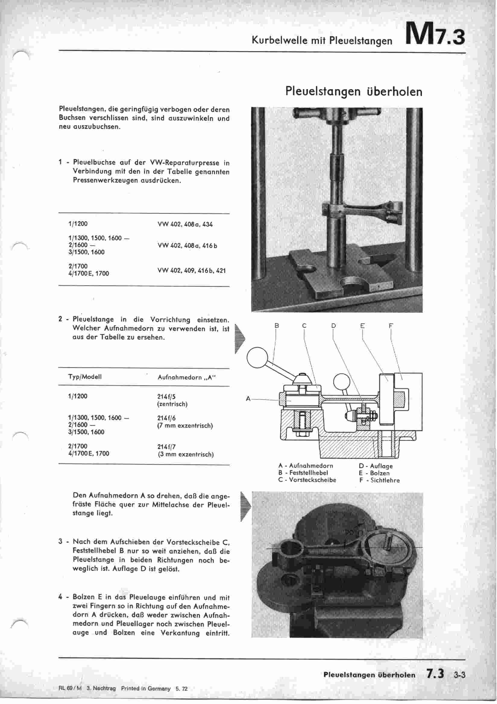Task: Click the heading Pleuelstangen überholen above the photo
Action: tap(354, 91)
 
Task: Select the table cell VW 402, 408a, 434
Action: tap(185, 224)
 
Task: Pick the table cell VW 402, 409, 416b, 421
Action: tap(192, 271)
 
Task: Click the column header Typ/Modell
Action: tap(85, 377)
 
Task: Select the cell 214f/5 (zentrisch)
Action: tap(172, 400)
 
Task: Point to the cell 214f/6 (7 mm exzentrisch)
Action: tap(185, 422)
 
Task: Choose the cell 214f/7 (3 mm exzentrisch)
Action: tap(185, 450)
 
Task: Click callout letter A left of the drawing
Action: tap(248, 399)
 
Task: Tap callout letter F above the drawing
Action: tap(391, 326)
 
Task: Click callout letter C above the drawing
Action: tap(304, 326)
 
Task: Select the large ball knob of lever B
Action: tap(257, 357)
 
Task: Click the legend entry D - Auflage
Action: tap(376, 466)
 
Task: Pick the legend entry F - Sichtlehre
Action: tap(379, 481)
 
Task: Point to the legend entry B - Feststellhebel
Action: tap(303, 473)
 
